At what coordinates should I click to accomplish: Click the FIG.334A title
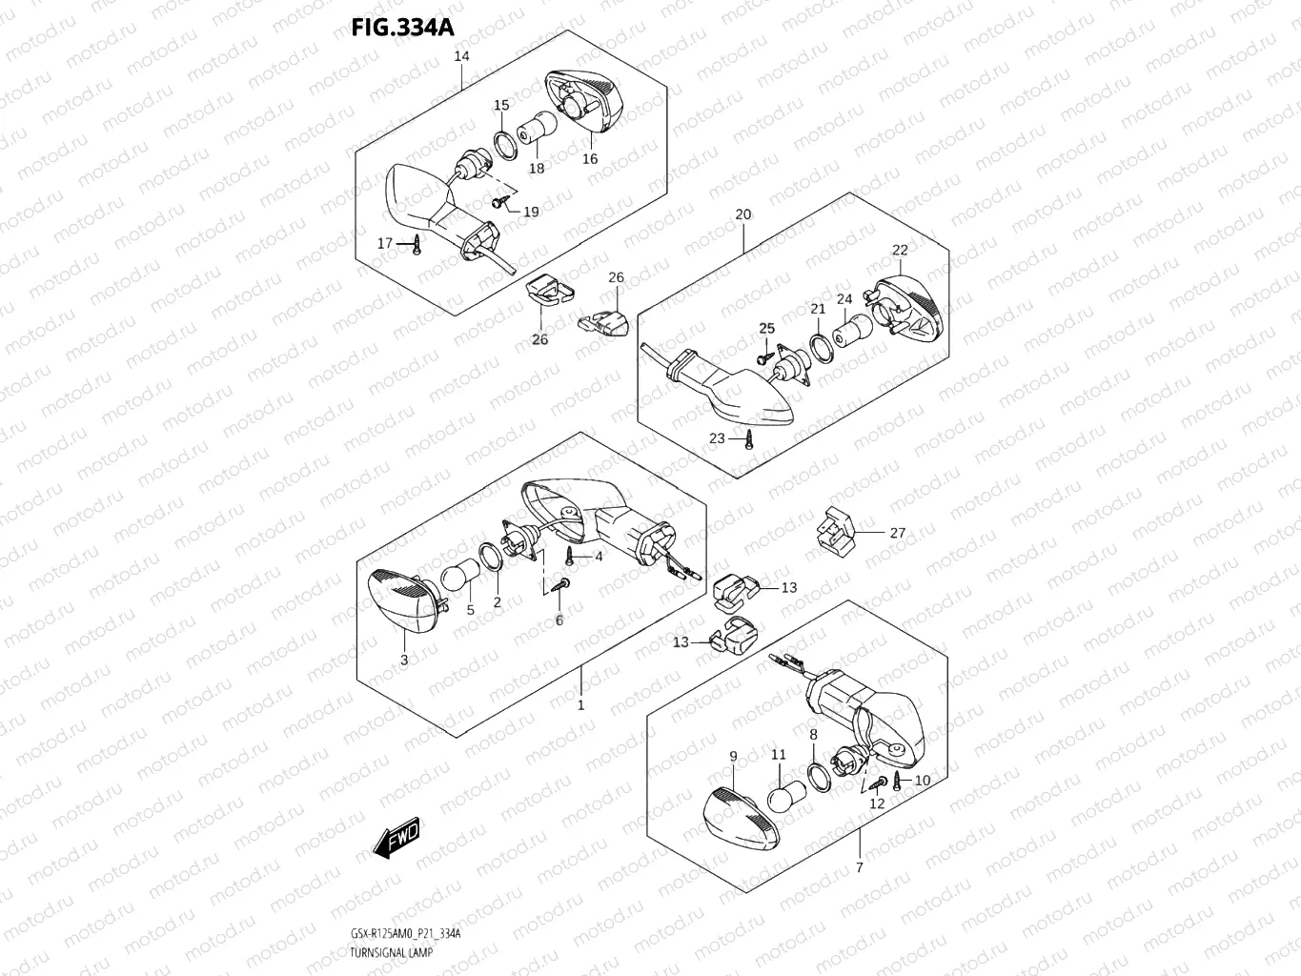(402, 27)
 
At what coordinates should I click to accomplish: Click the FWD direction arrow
(396, 837)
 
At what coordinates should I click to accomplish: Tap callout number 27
(897, 533)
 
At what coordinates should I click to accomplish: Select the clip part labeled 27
(832, 532)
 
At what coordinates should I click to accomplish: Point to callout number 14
(461, 56)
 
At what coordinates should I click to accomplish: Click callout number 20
(742, 214)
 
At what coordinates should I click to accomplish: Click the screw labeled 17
(417, 246)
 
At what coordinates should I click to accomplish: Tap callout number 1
(580, 705)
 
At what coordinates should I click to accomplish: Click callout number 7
(859, 867)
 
